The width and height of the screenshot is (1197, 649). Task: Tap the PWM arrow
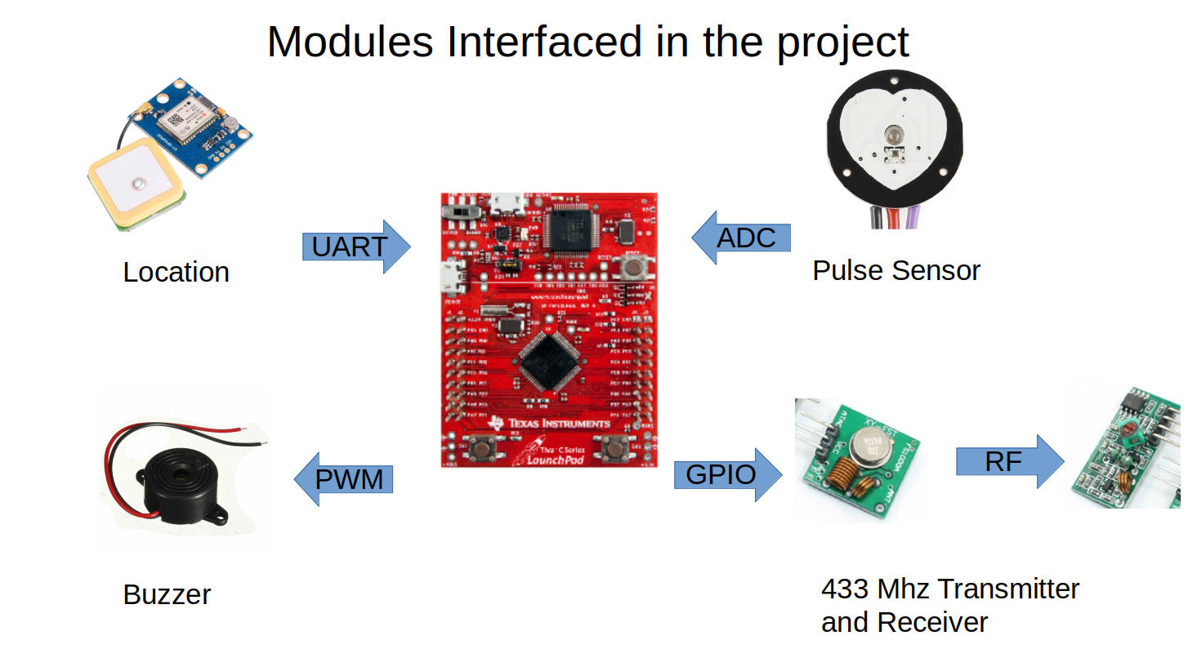[x=344, y=479]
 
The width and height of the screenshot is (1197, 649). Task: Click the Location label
[x=176, y=272]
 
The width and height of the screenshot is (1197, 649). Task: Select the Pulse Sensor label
[x=896, y=270]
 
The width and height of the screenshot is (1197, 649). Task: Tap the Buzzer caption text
[x=167, y=593]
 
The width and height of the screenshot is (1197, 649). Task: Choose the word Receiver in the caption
[x=933, y=622]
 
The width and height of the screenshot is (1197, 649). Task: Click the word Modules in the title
[x=351, y=42]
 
